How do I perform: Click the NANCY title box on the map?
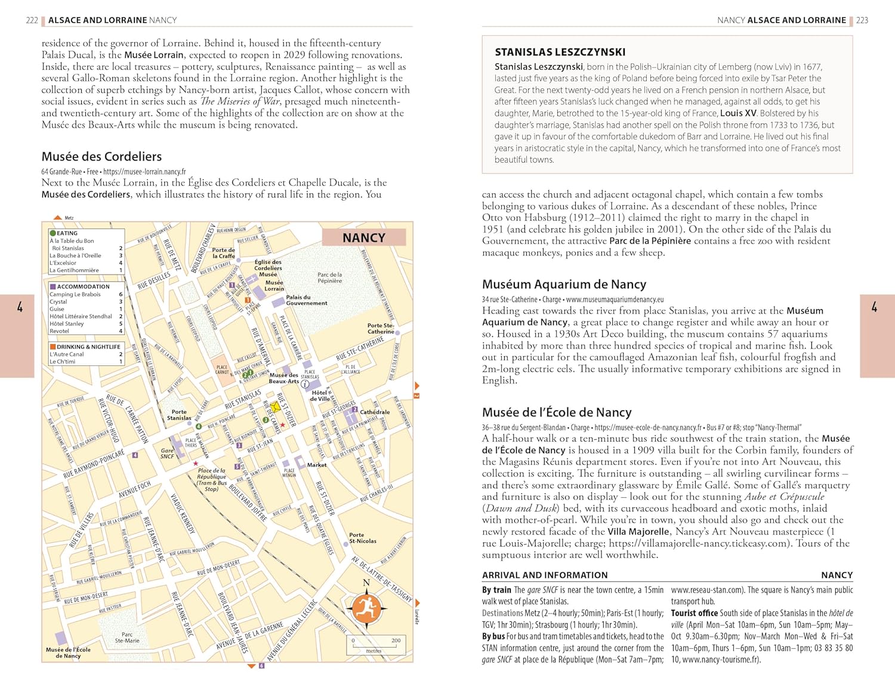pyautogui.click(x=364, y=238)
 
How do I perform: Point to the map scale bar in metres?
pyautogui.click(x=374, y=644)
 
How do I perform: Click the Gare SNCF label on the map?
pyautogui.click(x=168, y=454)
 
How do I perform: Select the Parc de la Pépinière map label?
pyautogui.click(x=330, y=278)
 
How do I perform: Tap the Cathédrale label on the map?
pyautogui.click(x=375, y=412)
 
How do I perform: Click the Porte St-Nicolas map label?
pyautogui.click(x=362, y=538)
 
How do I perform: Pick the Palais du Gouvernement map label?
pyautogui.click(x=306, y=300)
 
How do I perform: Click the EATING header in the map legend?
pyautogui.click(x=67, y=233)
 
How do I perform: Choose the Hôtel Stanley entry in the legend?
pyautogui.click(x=67, y=324)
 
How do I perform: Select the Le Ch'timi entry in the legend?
pyautogui.click(x=62, y=362)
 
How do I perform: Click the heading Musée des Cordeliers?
pyautogui.click(x=101, y=156)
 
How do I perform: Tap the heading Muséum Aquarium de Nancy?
pyautogui.click(x=564, y=284)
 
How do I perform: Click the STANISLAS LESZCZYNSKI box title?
pyautogui.click(x=560, y=52)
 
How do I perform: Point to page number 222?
pyautogui.click(x=32, y=20)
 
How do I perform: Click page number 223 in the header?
pyautogui.click(x=862, y=20)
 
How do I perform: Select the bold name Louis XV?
pyautogui.click(x=738, y=113)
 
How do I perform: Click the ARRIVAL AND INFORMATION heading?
pyautogui.click(x=545, y=575)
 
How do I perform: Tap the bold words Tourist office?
pyautogui.click(x=694, y=613)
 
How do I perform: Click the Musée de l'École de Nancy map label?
pyautogui.click(x=69, y=652)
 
